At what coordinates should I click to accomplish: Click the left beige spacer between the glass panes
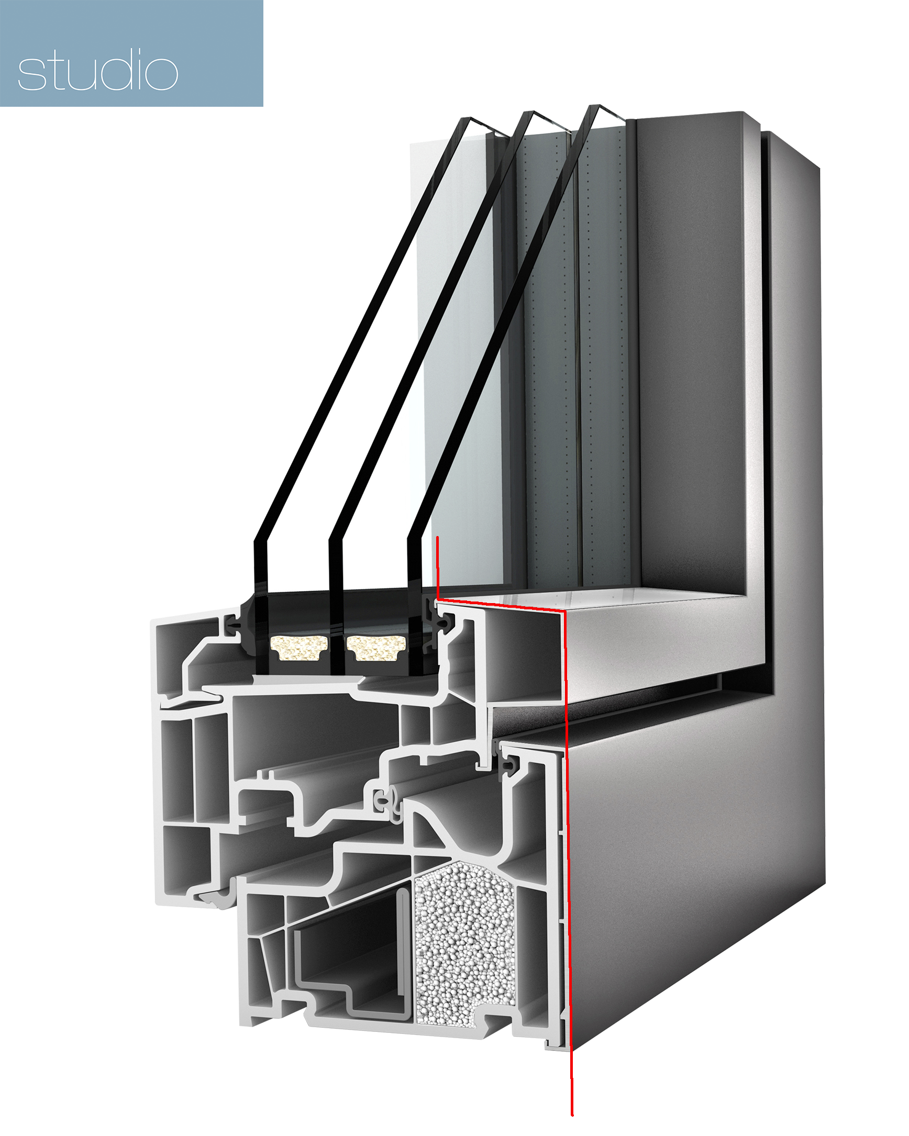(x=298, y=647)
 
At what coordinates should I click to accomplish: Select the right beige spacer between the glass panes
(x=375, y=647)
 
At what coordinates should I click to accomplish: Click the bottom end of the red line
(x=572, y=1115)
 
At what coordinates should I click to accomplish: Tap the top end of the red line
(x=437, y=538)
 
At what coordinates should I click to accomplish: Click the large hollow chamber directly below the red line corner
(x=522, y=659)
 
